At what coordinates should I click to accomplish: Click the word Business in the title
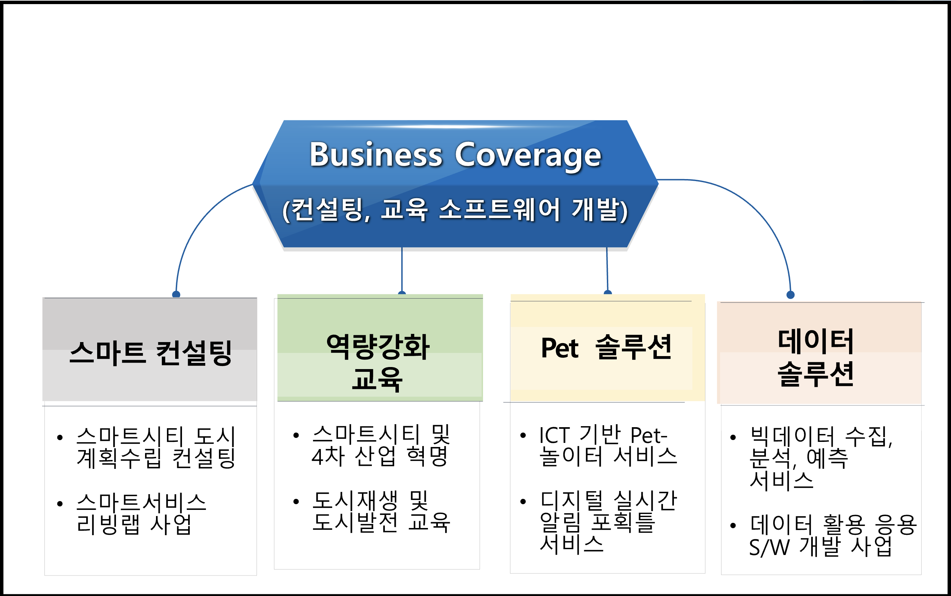point(376,154)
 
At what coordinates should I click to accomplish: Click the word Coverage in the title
point(528,157)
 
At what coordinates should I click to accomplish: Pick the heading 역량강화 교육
point(378,362)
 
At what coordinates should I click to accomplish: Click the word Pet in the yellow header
point(560,348)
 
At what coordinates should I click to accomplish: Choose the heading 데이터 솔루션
point(816,357)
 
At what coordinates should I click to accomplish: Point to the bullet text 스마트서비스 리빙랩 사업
point(141,514)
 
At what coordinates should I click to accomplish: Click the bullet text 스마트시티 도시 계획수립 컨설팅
point(156,447)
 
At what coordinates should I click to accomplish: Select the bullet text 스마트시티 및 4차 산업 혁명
point(381,445)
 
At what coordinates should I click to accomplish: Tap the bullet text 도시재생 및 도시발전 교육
point(381,512)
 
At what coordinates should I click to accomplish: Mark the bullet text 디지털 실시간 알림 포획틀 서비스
point(608,523)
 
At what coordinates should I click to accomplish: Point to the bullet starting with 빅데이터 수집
point(821,458)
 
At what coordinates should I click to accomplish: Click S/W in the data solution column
point(769,547)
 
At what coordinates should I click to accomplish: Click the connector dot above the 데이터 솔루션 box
point(791,295)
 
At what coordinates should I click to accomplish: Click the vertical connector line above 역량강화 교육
point(402,270)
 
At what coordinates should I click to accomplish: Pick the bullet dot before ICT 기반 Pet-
point(523,436)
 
